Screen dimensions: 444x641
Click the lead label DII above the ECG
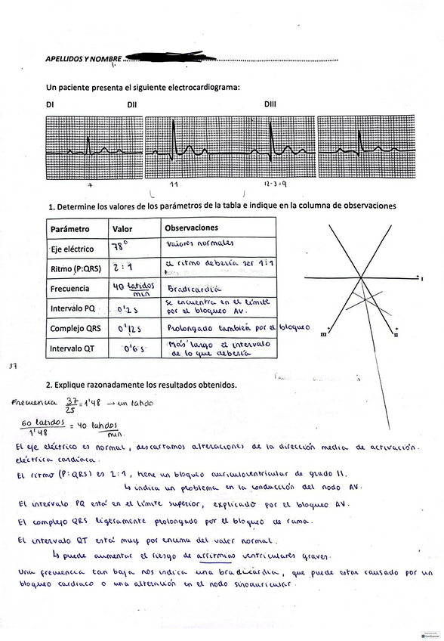(x=132, y=106)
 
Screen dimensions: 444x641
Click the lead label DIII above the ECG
(x=270, y=106)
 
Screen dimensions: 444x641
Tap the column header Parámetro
(x=70, y=229)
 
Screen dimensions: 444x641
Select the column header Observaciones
(x=191, y=228)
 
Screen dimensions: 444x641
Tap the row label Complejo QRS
(x=76, y=329)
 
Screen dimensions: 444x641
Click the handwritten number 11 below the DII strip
(x=174, y=184)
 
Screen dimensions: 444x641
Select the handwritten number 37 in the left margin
(x=13, y=366)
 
